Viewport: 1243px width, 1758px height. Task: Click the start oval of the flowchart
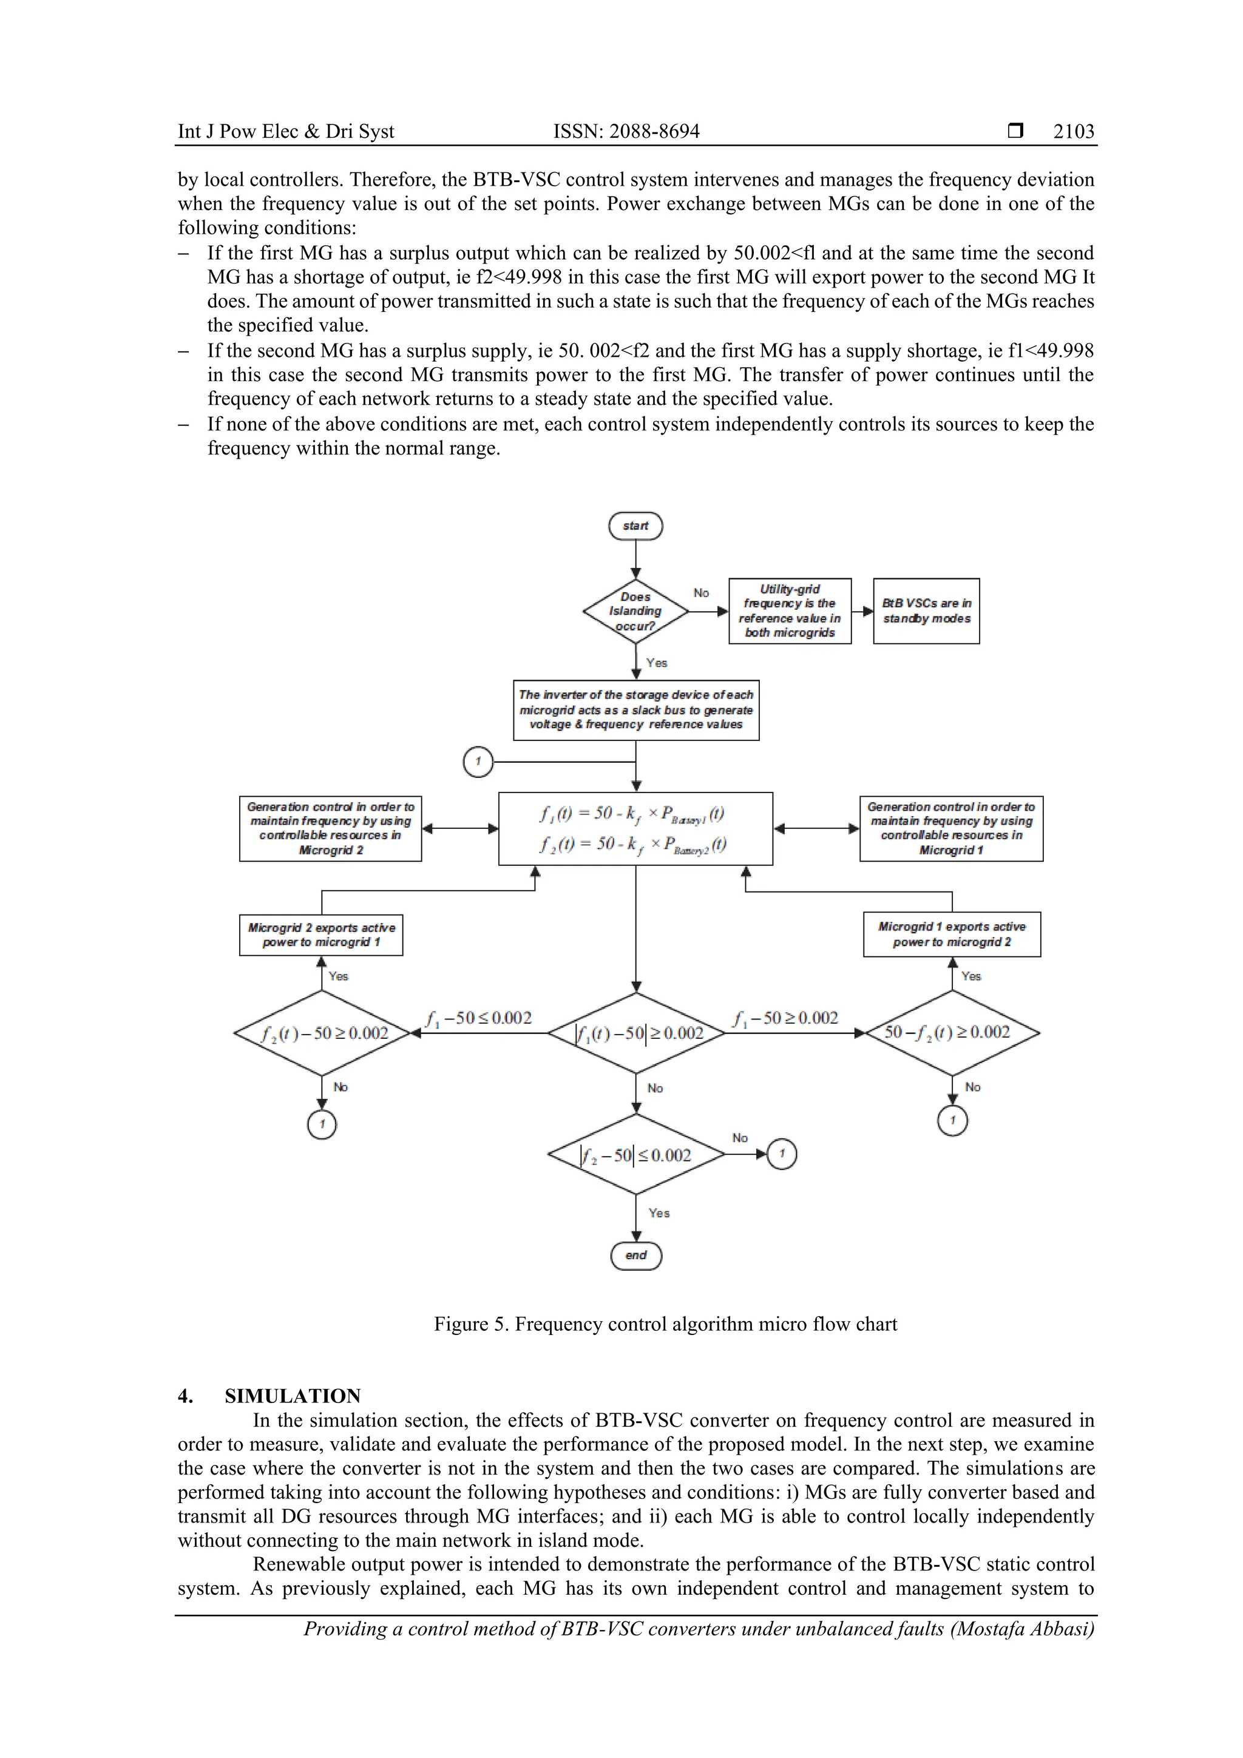tap(635, 526)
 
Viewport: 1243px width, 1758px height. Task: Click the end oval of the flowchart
tap(635, 1255)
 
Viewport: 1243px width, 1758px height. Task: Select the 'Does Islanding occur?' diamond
tap(635, 611)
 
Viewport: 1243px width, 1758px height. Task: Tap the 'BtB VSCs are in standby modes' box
tap(926, 611)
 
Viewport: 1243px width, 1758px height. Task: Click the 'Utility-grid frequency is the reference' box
tap(790, 611)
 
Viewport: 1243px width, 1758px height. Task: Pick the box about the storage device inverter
tap(635, 710)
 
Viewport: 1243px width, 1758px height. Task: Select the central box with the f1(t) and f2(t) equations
tap(635, 828)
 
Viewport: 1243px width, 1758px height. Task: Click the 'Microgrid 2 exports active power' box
tap(321, 935)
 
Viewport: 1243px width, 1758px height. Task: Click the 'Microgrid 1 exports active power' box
tap(951, 934)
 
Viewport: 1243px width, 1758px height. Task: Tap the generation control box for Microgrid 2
tap(330, 828)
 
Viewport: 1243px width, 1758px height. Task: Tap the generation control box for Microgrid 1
tap(950, 828)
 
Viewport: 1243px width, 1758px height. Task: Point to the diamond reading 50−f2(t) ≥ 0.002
tap(951, 1032)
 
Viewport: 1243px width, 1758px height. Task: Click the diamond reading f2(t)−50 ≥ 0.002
tap(322, 1033)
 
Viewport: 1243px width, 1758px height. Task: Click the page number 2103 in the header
tap(1073, 131)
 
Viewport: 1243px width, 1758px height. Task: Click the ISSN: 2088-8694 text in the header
tap(626, 131)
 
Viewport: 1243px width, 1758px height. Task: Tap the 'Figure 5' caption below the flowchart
tap(665, 1324)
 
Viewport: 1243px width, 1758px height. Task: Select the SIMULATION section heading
tap(292, 1396)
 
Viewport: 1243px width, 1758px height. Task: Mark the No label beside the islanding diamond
tap(701, 593)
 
